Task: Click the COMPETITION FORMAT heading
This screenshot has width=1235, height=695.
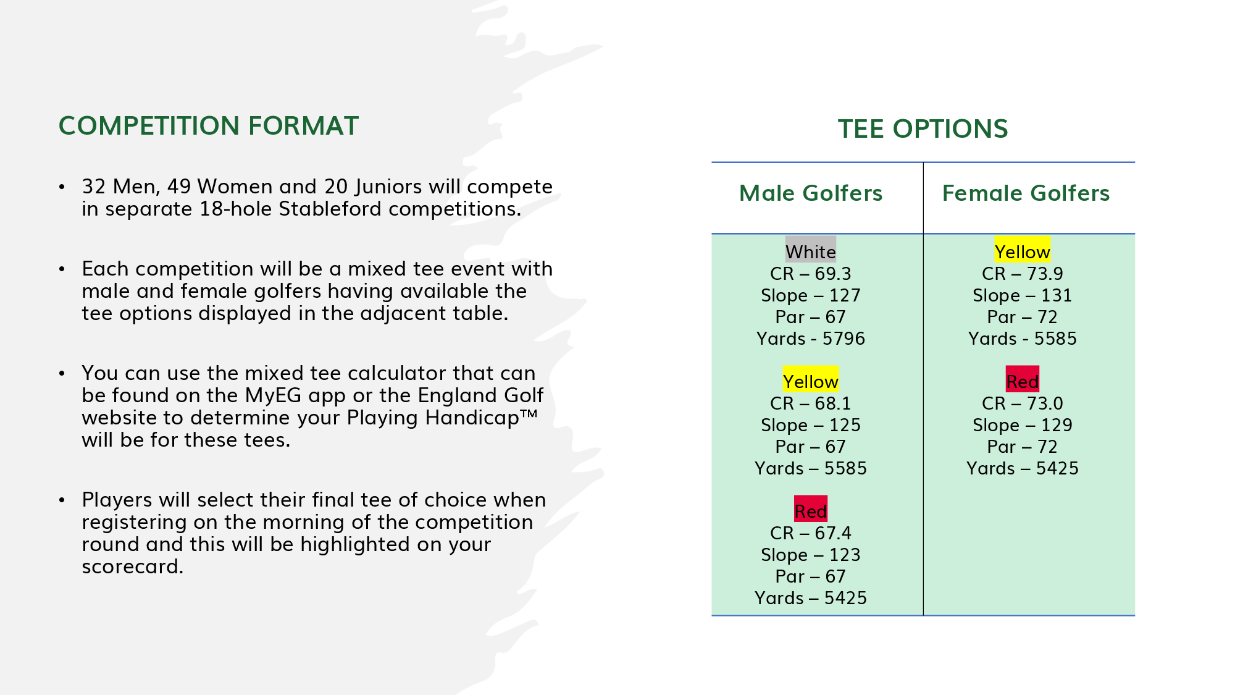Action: pos(209,126)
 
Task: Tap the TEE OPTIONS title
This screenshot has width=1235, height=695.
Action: pos(923,129)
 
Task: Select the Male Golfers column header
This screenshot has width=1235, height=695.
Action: pos(811,193)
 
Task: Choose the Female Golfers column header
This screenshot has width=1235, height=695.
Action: pos(1026,193)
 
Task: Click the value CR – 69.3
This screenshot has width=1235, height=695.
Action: pos(811,274)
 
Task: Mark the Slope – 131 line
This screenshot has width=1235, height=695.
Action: pos(1023,295)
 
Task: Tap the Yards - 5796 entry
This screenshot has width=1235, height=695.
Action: pos(811,339)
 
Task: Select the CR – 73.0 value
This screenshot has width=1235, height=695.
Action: pos(1023,403)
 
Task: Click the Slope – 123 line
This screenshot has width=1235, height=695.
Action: pos(811,555)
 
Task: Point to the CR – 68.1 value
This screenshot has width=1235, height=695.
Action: pos(811,403)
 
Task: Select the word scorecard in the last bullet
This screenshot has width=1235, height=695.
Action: pos(133,567)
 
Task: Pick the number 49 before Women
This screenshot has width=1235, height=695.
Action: pos(179,187)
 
